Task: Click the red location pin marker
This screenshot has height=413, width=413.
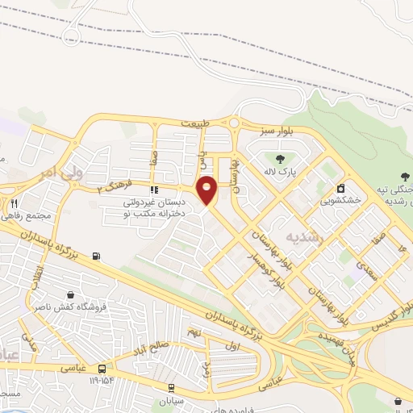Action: tap(207, 190)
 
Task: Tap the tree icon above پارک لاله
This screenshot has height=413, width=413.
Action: tap(280, 159)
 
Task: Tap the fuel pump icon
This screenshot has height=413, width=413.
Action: tap(98, 257)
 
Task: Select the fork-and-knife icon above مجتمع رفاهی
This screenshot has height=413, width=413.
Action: tap(15, 205)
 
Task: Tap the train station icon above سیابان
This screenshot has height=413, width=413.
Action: tap(170, 387)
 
